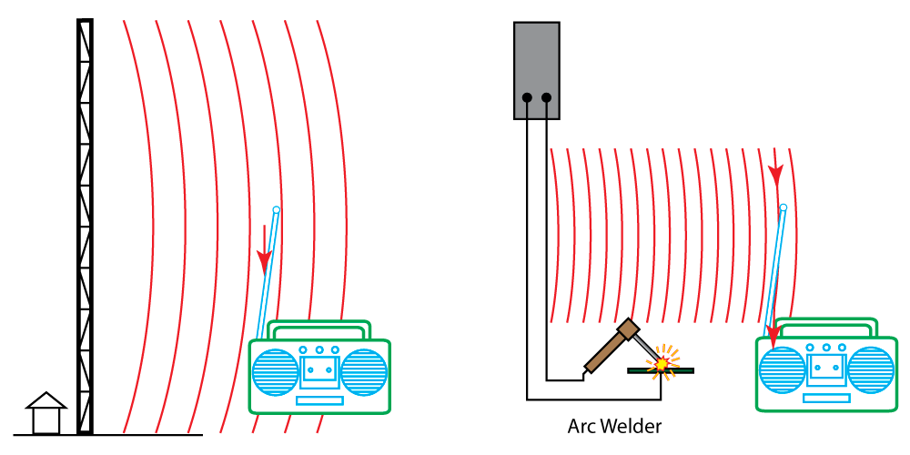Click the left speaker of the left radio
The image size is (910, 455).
(x=275, y=372)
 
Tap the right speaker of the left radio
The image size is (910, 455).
(x=364, y=372)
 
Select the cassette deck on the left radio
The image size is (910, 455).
(x=319, y=371)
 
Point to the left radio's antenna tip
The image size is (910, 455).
(x=277, y=209)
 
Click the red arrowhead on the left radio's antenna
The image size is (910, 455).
(x=265, y=262)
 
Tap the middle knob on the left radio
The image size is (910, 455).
(x=319, y=349)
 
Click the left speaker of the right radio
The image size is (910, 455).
(x=782, y=370)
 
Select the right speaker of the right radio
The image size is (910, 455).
(x=871, y=370)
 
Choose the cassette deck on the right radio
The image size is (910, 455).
(x=826, y=369)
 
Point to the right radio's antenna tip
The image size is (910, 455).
(x=784, y=207)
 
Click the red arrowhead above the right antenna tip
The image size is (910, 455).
(x=775, y=173)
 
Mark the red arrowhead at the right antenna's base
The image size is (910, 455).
(x=773, y=335)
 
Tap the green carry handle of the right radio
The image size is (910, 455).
(x=825, y=326)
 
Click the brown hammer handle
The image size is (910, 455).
(x=606, y=352)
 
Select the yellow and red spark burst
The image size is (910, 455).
(x=662, y=363)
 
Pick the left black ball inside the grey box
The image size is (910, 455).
(x=527, y=97)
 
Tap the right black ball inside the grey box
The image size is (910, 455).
(x=546, y=97)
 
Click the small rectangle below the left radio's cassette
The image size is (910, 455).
(x=319, y=400)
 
